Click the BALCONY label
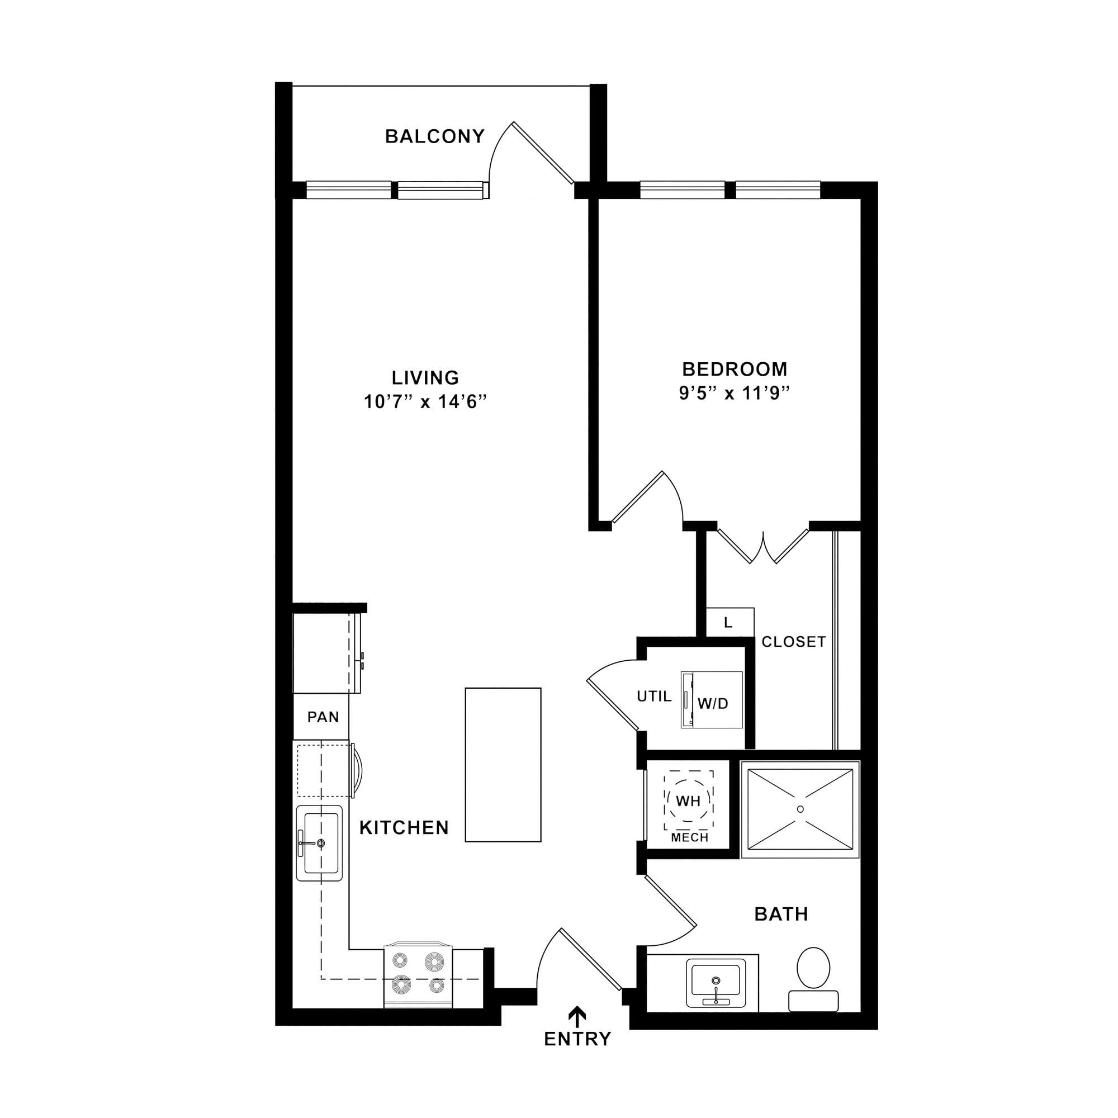pyautogui.click(x=434, y=136)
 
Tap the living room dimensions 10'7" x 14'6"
pyautogui.click(x=425, y=401)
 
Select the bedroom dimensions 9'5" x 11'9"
pyautogui.click(x=735, y=393)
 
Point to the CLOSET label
pyautogui.click(x=793, y=641)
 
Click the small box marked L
pyautogui.click(x=729, y=622)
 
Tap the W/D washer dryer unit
pyautogui.click(x=712, y=699)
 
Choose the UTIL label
pyautogui.click(x=655, y=696)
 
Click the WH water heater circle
pyautogui.click(x=688, y=801)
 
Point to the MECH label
pyautogui.click(x=690, y=837)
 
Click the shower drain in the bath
pyautogui.click(x=800, y=808)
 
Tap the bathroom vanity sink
pyautogui.click(x=716, y=983)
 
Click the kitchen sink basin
pyautogui.click(x=319, y=842)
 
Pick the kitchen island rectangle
pyautogui.click(x=503, y=764)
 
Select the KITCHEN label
pyautogui.click(x=404, y=827)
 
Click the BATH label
pyautogui.click(x=781, y=914)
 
